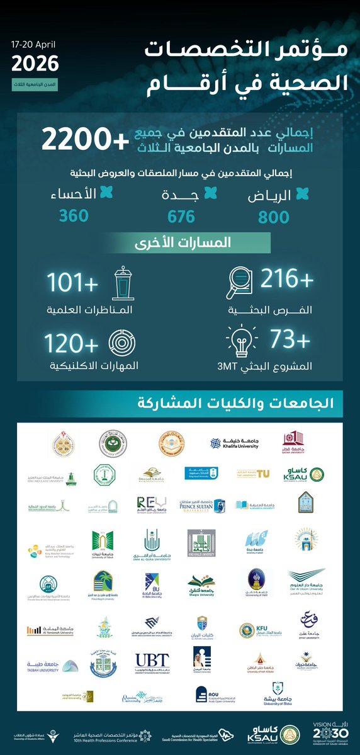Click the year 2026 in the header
tap(35, 64)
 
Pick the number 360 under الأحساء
tap(74, 216)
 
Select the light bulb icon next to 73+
tap(240, 343)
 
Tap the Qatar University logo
tap(293, 443)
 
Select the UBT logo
tap(152, 661)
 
